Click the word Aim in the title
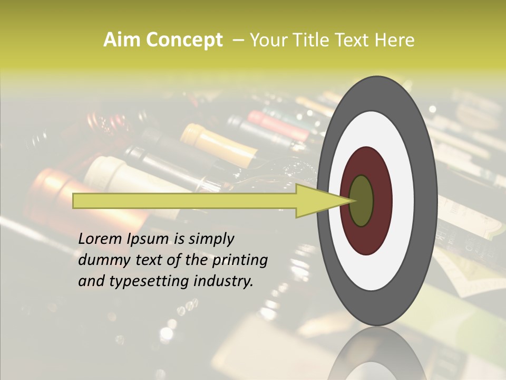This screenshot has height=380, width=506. pyautogui.click(x=123, y=40)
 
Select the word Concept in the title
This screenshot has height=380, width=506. pyautogui.click(x=184, y=40)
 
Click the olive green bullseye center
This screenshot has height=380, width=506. pyautogui.click(x=362, y=201)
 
